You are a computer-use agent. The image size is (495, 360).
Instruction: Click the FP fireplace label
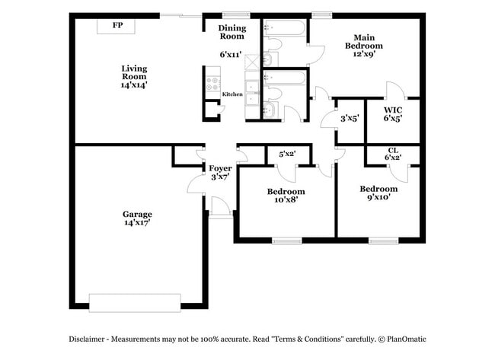click(117, 25)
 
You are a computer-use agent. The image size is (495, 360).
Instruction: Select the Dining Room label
click(232, 32)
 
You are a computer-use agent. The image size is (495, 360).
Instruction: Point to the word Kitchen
click(232, 94)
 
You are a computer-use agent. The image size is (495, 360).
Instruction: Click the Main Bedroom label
click(363, 41)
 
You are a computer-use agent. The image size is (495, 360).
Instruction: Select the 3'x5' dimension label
click(350, 118)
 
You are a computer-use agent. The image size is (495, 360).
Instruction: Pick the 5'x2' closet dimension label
click(287, 155)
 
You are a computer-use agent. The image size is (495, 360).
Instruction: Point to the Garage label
click(137, 214)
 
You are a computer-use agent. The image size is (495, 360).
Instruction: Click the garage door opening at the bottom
click(135, 302)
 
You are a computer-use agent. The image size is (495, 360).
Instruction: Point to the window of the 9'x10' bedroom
click(384, 241)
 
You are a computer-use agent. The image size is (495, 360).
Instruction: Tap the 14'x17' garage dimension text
click(137, 223)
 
